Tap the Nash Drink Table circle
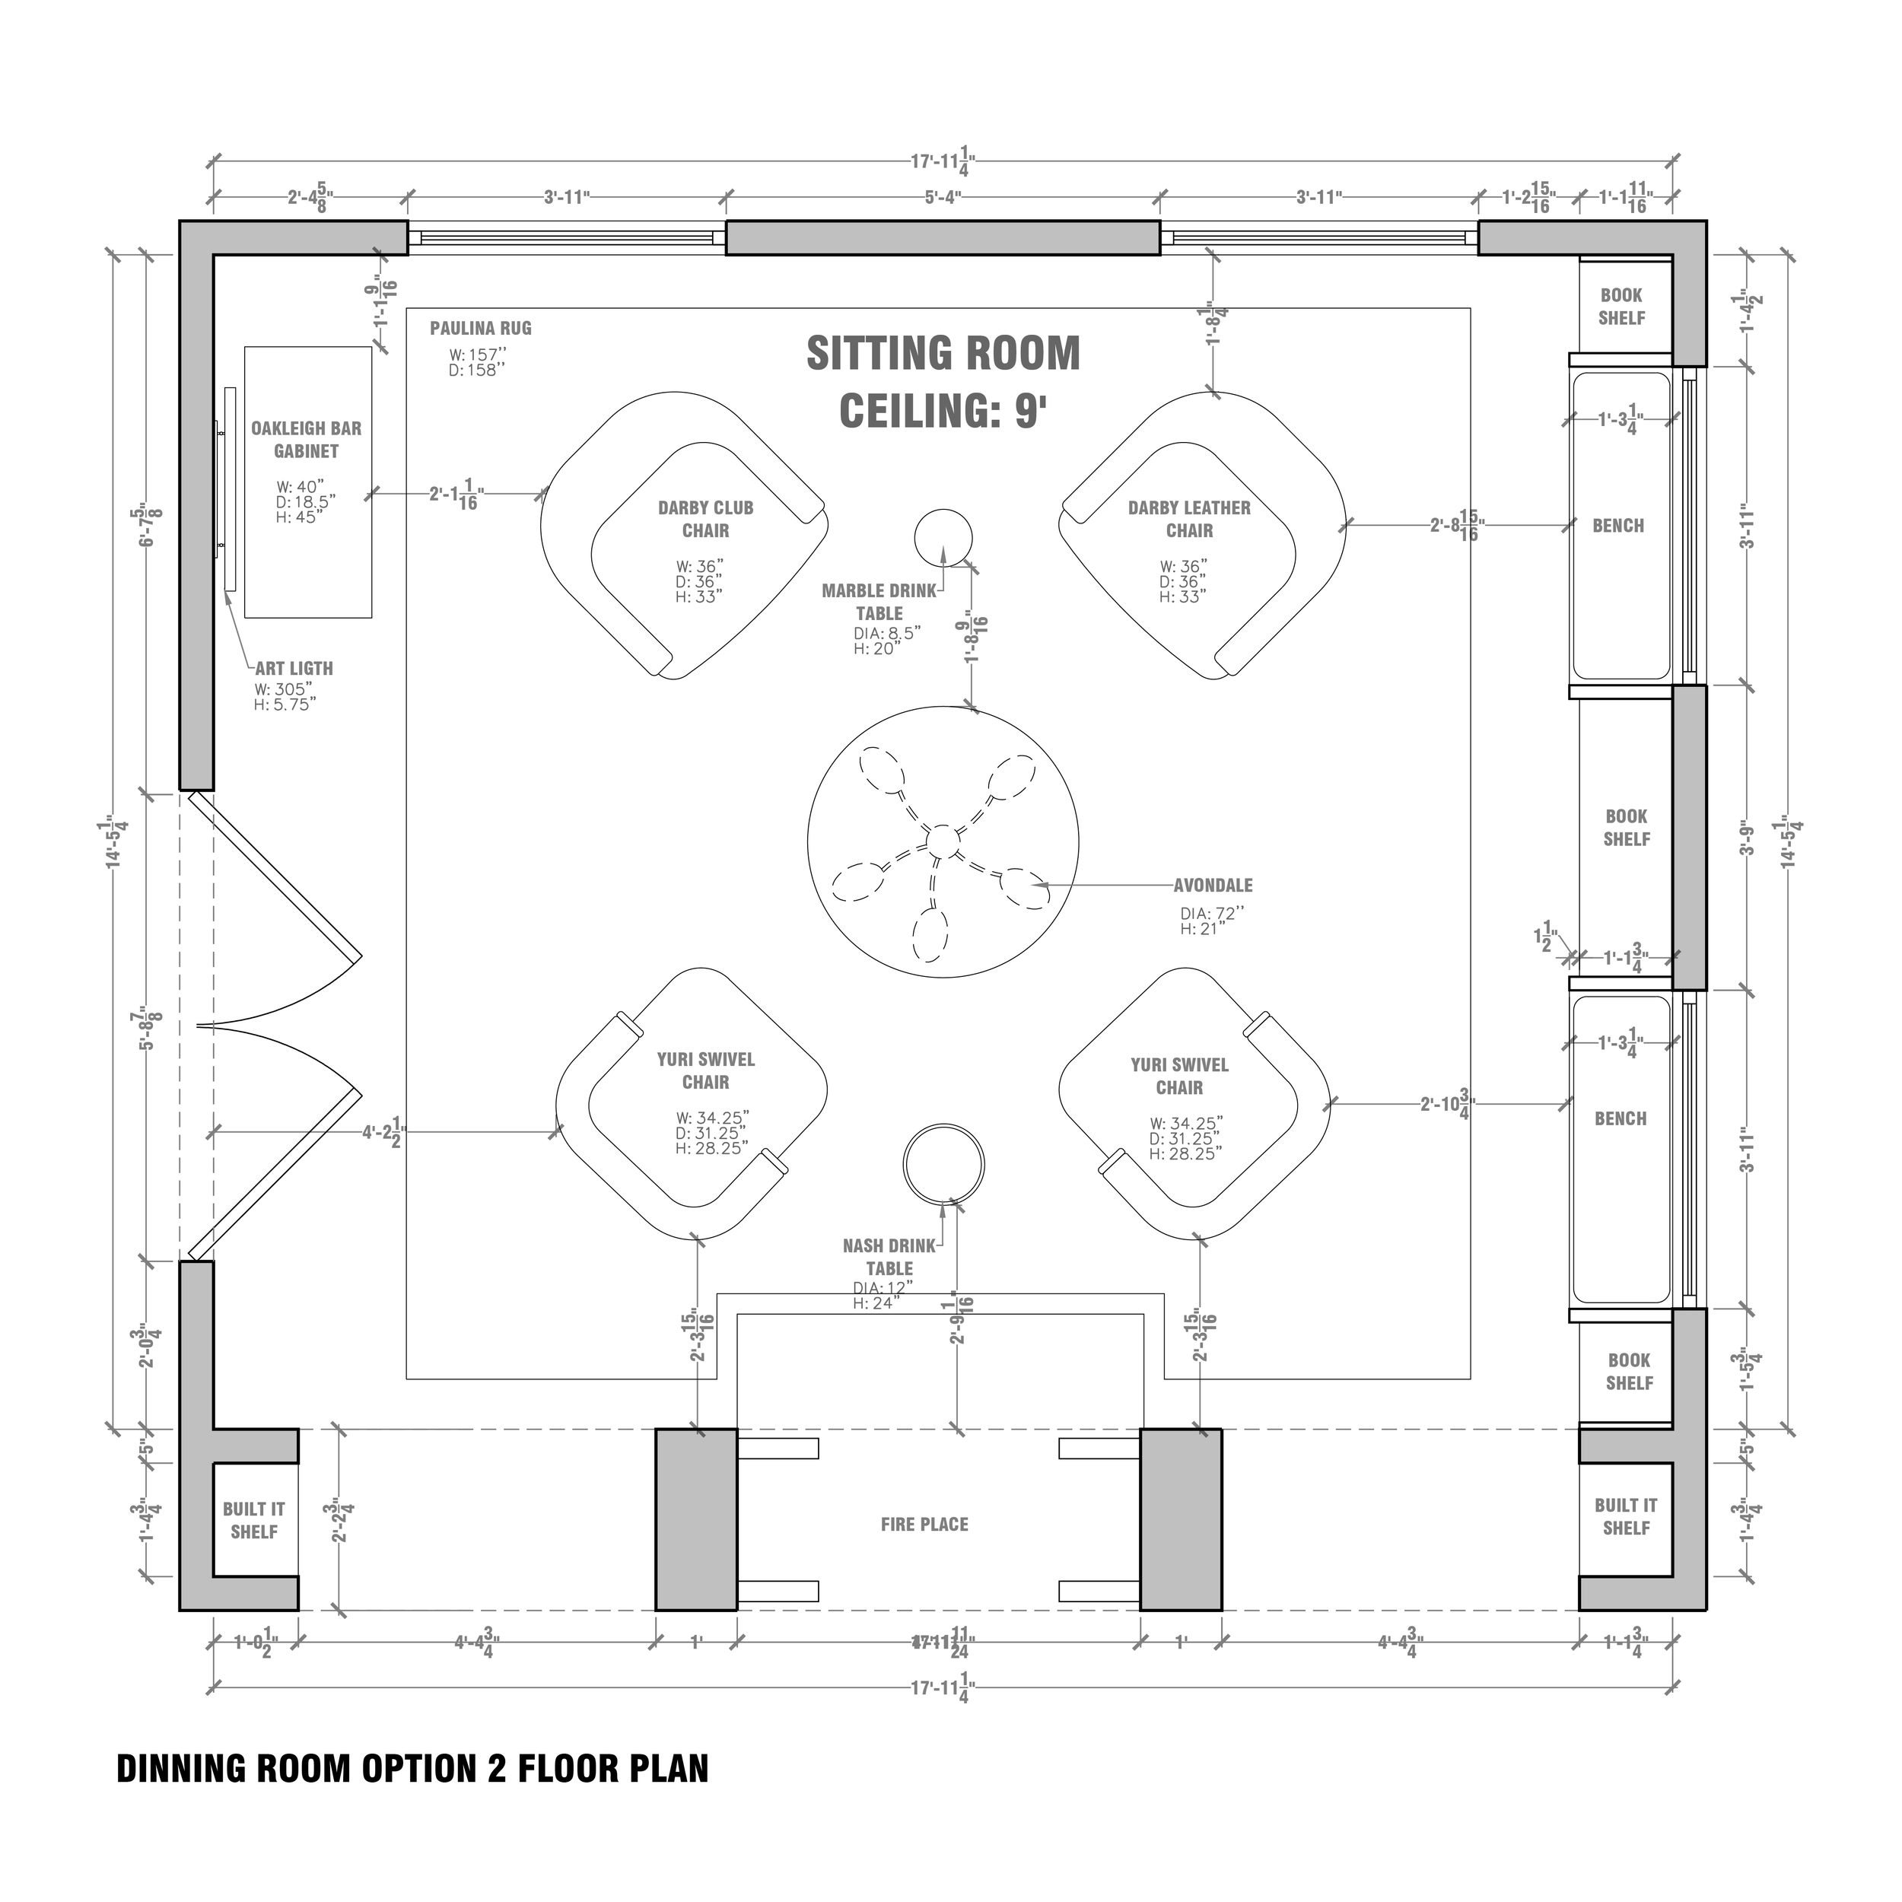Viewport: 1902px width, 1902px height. (x=943, y=1163)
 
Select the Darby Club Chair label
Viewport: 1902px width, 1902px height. (x=706, y=519)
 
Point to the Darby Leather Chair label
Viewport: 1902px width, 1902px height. (x=1189, y=519)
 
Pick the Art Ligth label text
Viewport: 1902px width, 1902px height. (x=294, y=669)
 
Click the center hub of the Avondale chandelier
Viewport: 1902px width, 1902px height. (x=942, y=841)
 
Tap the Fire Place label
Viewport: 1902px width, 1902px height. (x=924, y=1525)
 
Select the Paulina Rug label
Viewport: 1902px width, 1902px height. (x=480, y=329)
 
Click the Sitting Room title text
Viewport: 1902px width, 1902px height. (x=943, y=354)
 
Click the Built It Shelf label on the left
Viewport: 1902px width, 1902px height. (x=254, y=1520)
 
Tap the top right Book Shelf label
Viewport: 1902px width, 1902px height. (x=1621, y=306)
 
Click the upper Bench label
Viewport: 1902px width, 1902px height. (x=1618, y=526)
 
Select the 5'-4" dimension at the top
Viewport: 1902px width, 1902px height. (x=942, y=198)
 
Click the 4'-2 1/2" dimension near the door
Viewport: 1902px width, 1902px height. (x=383, y=1133)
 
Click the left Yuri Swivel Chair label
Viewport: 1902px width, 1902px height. (x=706, y=1070)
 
